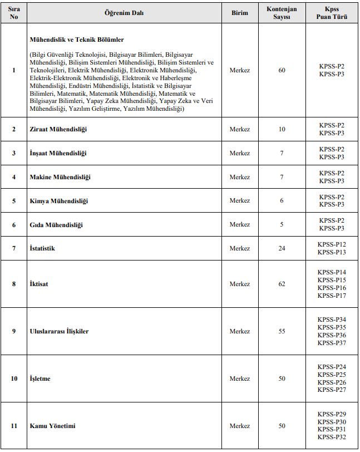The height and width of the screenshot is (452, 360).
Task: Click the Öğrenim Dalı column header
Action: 124,13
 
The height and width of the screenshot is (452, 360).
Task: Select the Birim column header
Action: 240,13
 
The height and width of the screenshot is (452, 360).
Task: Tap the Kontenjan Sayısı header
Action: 282,13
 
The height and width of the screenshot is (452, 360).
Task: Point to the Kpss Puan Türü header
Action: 332,13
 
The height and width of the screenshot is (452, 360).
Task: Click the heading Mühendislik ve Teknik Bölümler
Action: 77,40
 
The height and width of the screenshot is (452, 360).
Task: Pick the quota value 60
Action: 282,70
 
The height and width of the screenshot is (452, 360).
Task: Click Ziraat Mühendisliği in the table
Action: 58,129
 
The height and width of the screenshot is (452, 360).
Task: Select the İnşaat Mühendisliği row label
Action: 58,153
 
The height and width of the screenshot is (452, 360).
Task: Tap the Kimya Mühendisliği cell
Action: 58,200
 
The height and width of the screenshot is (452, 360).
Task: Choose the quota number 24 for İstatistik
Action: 282,248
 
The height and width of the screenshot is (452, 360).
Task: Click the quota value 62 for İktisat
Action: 282,284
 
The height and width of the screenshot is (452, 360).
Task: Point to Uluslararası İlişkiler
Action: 59,331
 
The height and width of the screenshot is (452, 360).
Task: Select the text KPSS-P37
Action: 332,343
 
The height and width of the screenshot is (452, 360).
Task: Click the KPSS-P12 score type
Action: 332,244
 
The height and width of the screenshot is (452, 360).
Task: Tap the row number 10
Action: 14,379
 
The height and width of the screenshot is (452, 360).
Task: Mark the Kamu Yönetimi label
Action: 52,426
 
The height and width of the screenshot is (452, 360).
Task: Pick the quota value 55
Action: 282,331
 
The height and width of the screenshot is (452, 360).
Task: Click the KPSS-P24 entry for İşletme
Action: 332,367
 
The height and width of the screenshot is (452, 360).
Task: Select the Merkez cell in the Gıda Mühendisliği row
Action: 240,224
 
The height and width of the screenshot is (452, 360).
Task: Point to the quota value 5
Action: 282,224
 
